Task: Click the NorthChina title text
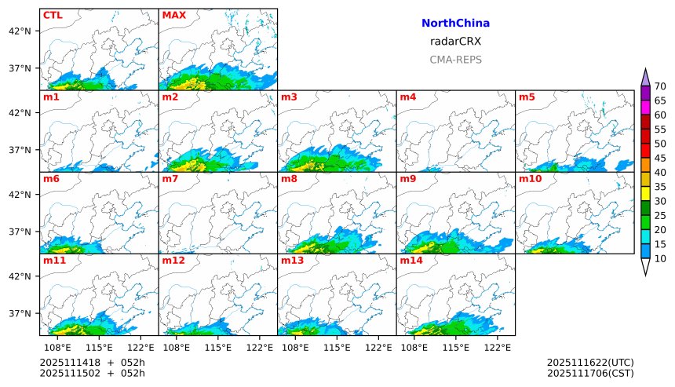[x=455, y=24]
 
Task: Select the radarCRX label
[x=455, y=42]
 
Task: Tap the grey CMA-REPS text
[x=455, y=60]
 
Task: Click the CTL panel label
[x=53, y=15]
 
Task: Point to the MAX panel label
[x=173, y=15]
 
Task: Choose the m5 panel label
[x=526, y=97]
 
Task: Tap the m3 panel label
[x=289, y=97]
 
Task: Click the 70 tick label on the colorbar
[x=660, y=86]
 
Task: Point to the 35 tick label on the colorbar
[x=660, y=187]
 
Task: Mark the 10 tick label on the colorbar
[x=660, y=258]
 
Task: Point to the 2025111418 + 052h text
[x=93, y=362]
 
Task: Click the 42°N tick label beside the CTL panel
[x=19, y=31]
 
